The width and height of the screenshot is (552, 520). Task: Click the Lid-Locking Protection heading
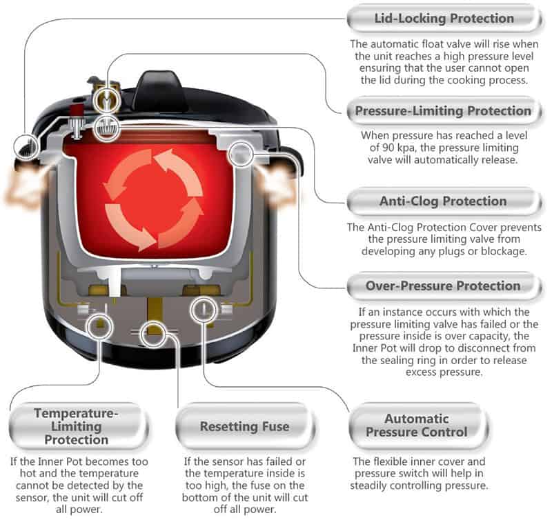point(443,18)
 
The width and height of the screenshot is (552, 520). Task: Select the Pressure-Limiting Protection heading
point(443,111)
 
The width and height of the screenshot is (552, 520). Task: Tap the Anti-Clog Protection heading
point(443,201)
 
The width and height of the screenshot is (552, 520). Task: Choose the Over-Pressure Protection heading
point(443,286)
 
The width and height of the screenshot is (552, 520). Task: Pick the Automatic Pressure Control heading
point(416,426)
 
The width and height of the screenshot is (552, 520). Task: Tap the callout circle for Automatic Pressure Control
point(206,308)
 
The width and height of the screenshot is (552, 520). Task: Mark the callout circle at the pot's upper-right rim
point(241,151)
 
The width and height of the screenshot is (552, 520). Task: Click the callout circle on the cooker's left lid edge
point(25,146)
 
